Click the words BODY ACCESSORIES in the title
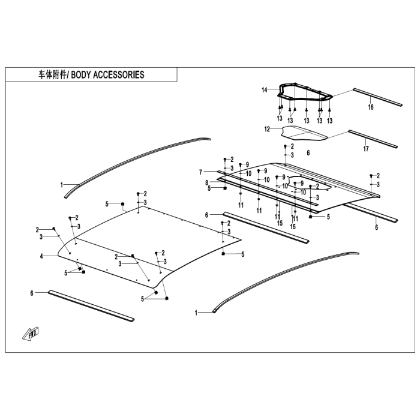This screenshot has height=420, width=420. click(108, 75)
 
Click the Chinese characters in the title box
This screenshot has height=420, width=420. click(52, 75)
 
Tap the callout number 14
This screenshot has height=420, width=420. click(264, 90)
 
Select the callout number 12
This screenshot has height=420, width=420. click(268, 129)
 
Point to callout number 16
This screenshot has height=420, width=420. click(370, 107)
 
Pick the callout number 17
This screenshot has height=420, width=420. click(365, 148)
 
